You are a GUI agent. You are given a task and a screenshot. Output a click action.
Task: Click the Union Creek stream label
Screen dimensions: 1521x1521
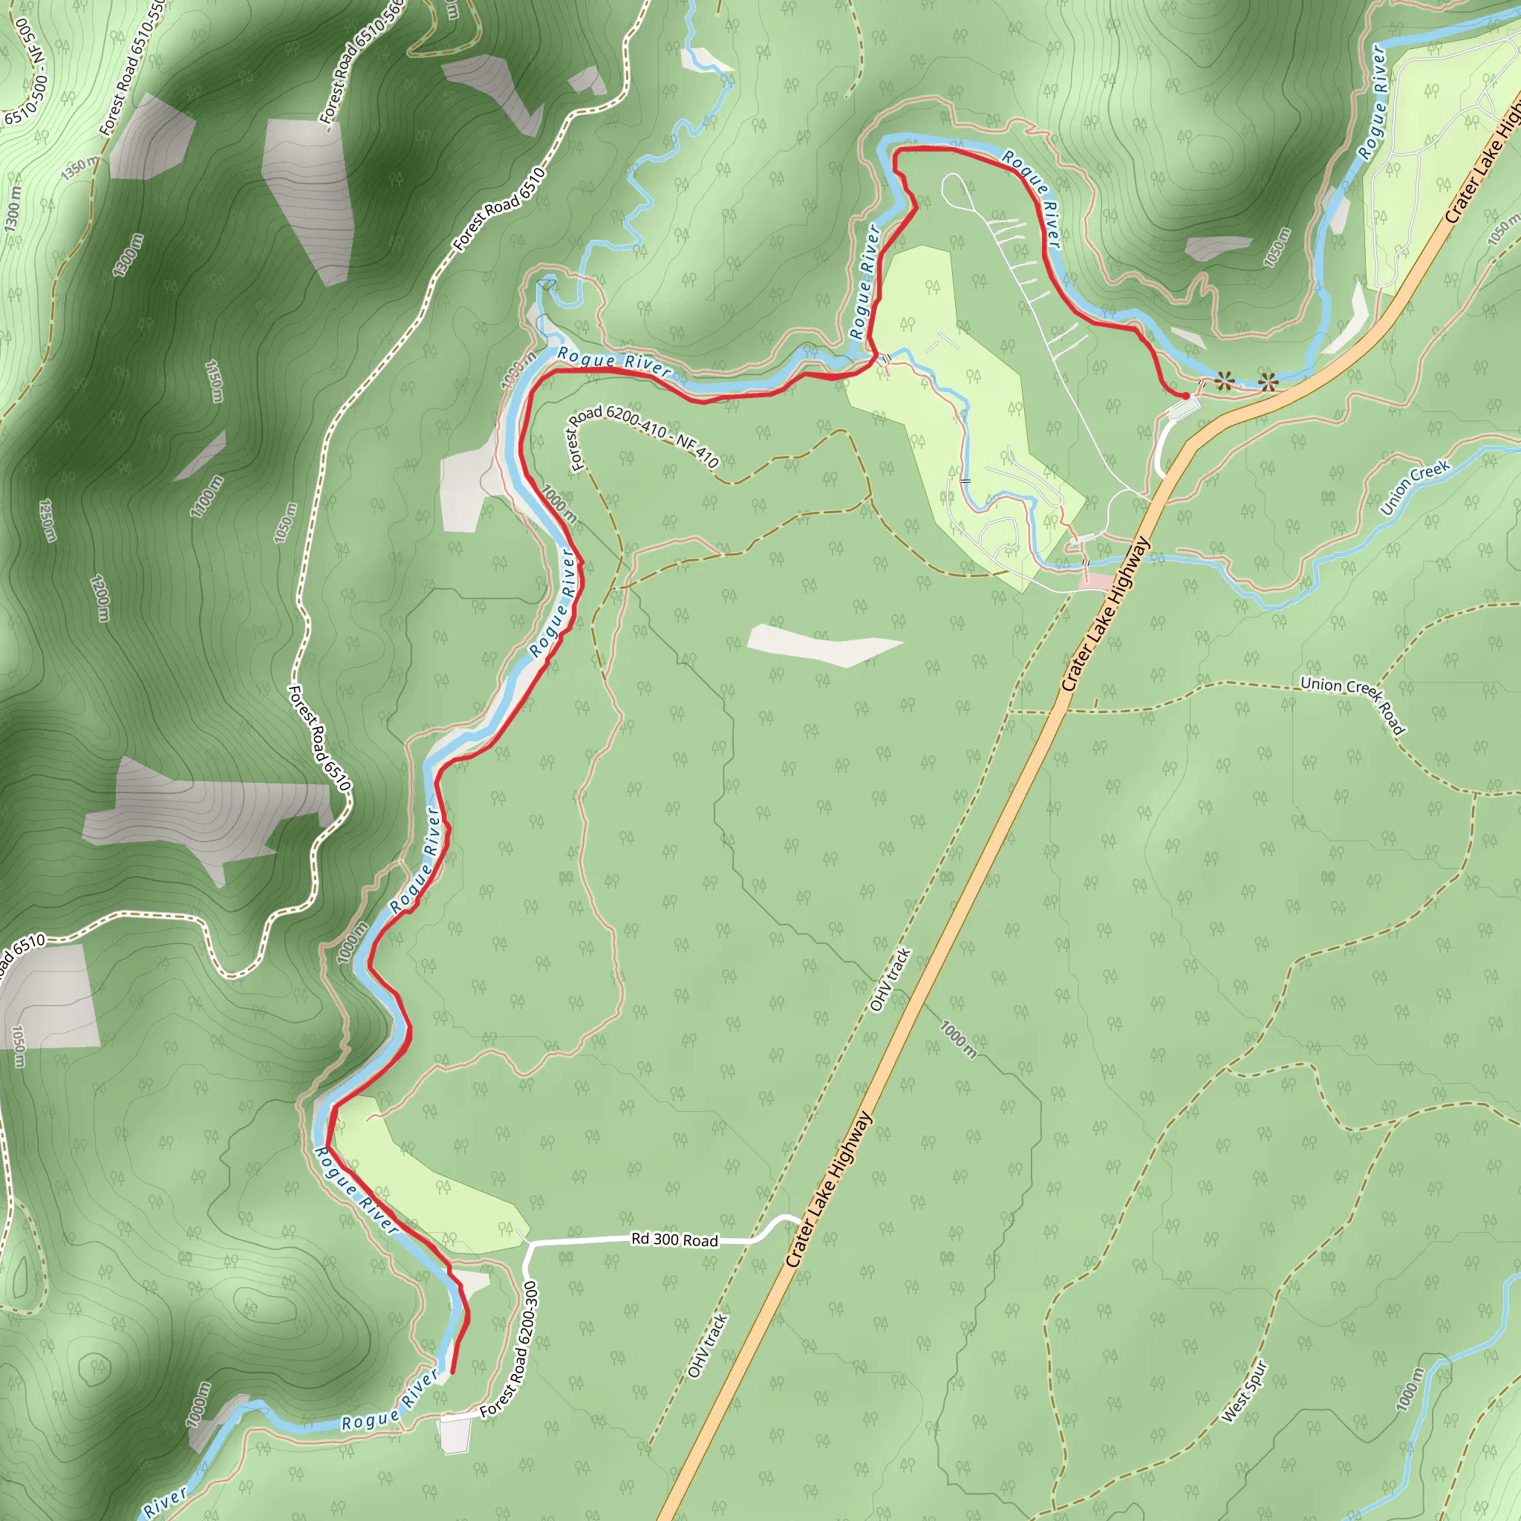coord(1414,487)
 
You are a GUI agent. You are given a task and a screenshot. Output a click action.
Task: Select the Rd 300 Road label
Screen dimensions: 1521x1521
coord(674,1240)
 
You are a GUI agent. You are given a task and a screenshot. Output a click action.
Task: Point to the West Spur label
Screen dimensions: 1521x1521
coord(1244,1391)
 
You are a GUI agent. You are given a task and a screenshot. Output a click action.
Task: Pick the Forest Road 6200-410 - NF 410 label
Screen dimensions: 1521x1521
coord(642,435)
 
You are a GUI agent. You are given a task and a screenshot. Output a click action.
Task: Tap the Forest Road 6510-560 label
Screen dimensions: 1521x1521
coord(362,59)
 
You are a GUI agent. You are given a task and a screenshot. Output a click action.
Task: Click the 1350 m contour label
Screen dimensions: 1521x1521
coord(80,167)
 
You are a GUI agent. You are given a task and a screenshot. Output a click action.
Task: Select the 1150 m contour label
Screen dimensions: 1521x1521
coord(213,381)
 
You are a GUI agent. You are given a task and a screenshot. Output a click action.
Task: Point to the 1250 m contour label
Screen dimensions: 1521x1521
coord(48,521)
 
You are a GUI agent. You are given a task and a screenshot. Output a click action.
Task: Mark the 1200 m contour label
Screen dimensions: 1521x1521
coord(100,599)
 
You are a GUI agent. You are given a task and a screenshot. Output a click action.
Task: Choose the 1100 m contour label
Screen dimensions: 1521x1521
coord(206,497)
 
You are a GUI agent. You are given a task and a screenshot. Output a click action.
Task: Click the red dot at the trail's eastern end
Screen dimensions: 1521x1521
coord(1185,395)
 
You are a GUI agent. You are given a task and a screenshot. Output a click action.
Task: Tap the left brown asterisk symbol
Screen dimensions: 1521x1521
coord(1223,382)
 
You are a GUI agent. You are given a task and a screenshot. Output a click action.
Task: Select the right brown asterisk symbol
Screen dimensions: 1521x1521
coord(1268,383)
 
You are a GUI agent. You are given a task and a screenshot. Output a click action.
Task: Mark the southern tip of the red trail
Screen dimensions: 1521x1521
coord(452,1372)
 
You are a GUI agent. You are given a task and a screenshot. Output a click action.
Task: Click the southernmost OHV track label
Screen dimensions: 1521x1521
coord(707,1346)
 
